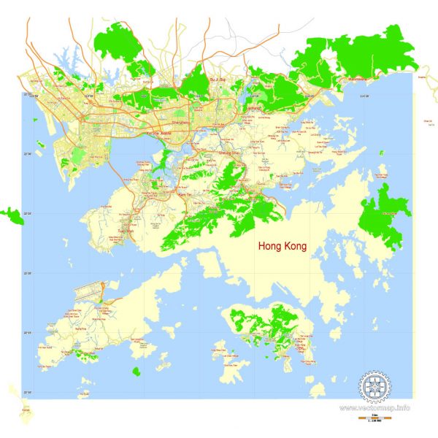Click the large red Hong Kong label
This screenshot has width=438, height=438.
coord(283,247)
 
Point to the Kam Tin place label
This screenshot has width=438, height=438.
coord(184,195)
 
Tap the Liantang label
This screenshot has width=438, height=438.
coord(254,107)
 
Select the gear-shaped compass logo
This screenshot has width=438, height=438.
coord(375,385)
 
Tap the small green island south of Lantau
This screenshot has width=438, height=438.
coord(136,372)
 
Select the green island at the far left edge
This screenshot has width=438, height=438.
coord(11,215)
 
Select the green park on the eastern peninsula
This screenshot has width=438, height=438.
coord(384,212)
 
